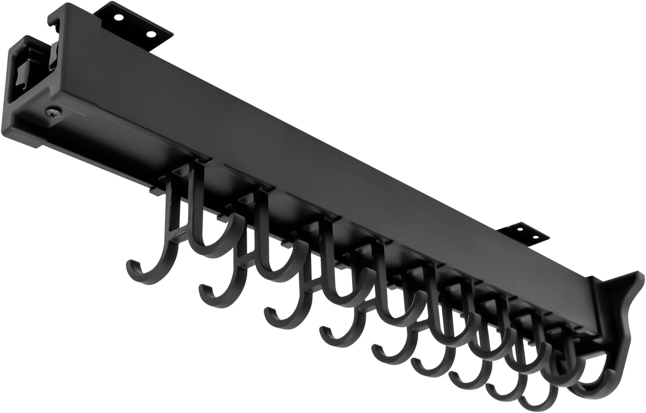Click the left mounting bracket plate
click(137, 25)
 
